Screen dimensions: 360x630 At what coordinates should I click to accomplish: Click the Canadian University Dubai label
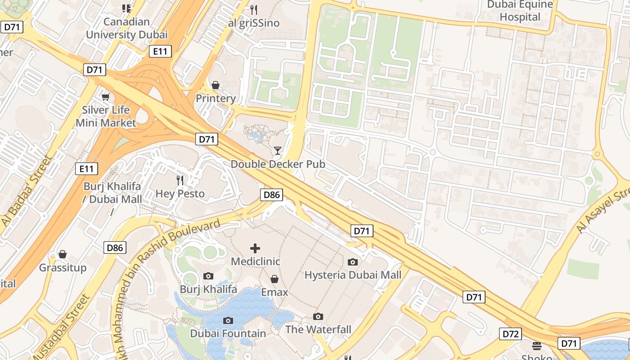point(126,28)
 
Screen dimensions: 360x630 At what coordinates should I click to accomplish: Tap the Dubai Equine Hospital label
point(520,11)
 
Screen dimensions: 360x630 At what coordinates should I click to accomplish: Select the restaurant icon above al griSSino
point(254,9)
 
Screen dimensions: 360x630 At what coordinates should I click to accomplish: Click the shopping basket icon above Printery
point(216,85)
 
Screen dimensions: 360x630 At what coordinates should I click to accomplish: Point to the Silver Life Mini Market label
point(106,116)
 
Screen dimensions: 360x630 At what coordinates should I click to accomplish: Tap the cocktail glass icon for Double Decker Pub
point(278,150)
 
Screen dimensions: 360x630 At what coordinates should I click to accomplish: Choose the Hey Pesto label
point(180,193)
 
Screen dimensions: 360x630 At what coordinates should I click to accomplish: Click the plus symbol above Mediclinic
point(255,248)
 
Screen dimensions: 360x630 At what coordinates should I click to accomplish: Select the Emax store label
point(274,292)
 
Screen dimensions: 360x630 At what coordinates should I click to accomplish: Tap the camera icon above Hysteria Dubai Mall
point(353,262)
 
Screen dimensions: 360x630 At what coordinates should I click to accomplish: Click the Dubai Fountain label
point(228,333)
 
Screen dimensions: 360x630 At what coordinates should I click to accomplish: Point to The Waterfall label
point(318,329)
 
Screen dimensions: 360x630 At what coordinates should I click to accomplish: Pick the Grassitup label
point(63,268)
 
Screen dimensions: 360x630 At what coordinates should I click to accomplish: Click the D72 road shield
point(510,334)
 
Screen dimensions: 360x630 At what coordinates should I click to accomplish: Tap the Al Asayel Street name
point(603,211)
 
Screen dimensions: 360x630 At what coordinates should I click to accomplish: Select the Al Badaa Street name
point(27,191)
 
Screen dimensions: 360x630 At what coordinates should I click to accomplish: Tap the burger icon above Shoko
point(536,346)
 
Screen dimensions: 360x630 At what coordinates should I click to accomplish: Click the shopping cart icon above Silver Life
point(106,97)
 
